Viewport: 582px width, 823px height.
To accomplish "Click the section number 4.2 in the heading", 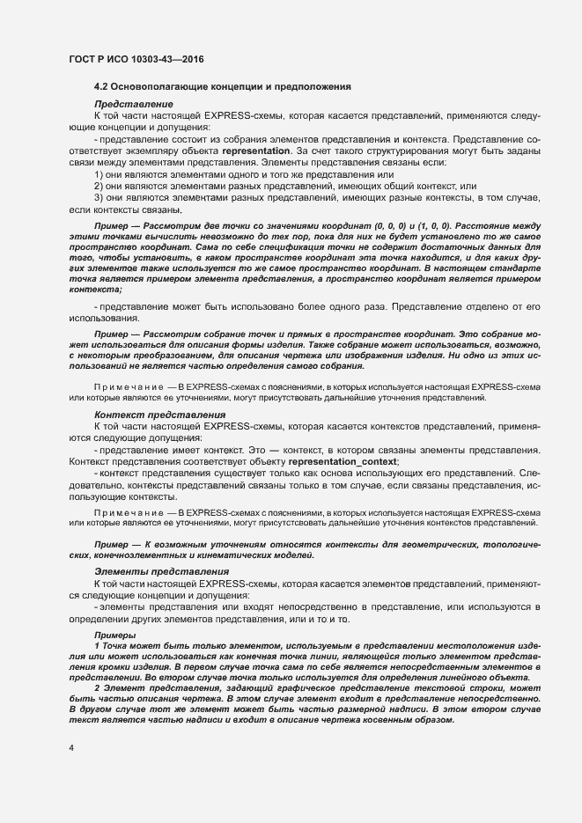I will point(102,87).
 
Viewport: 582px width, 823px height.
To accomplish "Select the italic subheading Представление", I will point(126,105).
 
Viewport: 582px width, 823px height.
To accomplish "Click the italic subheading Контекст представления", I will point(147,414).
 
